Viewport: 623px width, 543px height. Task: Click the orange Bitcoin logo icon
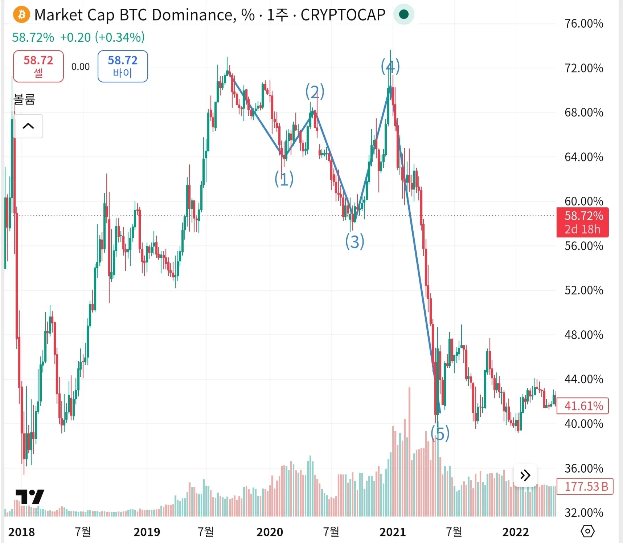21,15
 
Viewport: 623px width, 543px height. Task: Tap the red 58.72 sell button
38,66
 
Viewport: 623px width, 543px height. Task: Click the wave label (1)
284,179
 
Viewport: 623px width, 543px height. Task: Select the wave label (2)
315,91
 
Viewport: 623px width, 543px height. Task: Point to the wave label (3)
354,241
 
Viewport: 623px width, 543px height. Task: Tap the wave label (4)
390,66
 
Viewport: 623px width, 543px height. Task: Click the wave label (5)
440,433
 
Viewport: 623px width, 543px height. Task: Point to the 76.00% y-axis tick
584,24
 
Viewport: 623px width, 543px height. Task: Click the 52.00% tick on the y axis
584,290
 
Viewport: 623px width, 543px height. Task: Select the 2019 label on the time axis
147,532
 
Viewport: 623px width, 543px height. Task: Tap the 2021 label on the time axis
393,532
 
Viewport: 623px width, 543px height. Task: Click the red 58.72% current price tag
582,222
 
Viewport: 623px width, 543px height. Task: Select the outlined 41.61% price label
582,406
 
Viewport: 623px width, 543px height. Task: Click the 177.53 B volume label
585,486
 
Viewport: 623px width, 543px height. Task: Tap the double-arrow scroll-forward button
525,475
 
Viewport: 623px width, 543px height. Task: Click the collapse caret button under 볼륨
28,126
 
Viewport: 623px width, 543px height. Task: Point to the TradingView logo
30,497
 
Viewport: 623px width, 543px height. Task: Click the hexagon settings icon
587,531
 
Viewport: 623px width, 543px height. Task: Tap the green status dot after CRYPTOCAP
403,15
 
